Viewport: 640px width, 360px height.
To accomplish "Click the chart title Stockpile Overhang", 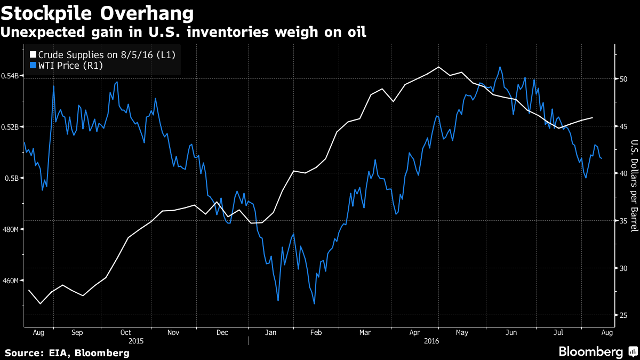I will pos(97,12).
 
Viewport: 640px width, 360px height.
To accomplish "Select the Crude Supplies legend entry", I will pos(107,55).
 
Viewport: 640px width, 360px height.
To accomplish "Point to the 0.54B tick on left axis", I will pos(12,76).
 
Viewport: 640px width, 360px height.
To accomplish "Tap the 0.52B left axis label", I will pos(12,127).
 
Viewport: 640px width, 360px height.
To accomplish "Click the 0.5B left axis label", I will pos(13,178).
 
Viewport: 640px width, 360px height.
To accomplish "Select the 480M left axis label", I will pos(11,229).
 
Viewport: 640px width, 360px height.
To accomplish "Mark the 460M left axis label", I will pos(11,281).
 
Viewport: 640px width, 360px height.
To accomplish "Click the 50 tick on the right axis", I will pos(622,79).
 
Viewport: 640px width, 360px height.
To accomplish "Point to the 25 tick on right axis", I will pos(622,315).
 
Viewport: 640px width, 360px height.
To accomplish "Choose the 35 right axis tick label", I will pos(622,221).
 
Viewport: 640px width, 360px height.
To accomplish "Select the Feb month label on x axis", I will pos(316,332).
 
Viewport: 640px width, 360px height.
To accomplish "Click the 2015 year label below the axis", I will pos(137,340).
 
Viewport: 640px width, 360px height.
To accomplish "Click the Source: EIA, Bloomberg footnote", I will pos(67,353).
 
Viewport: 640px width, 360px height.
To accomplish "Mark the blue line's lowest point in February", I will pos(314,303).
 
